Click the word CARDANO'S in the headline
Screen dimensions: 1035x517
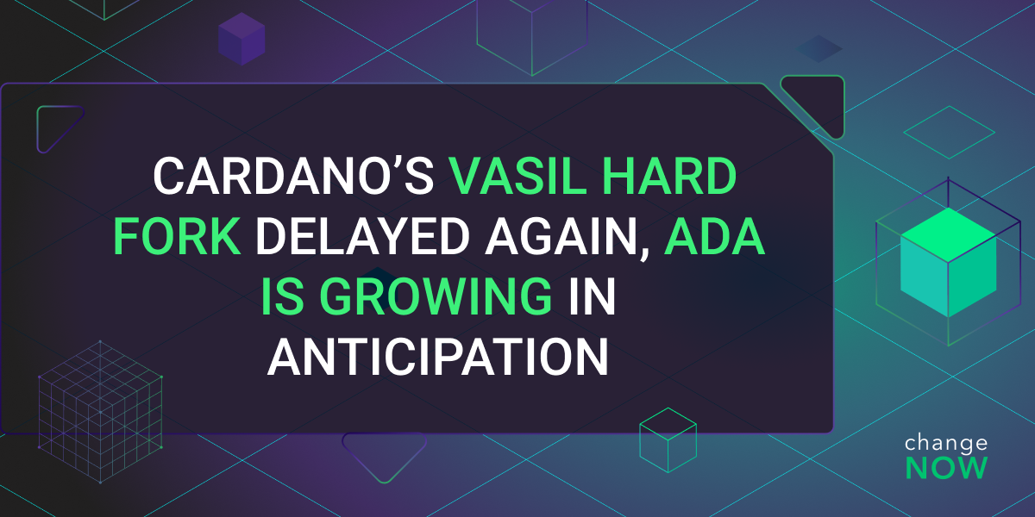tap(293, 177)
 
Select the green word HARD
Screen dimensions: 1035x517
tap(669, 177)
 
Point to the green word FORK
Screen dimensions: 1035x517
tap(177, 236)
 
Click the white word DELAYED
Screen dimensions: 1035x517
tap(363, 236)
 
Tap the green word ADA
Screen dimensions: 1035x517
tap(714, 236)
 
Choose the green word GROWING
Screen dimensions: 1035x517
tap(436, 296)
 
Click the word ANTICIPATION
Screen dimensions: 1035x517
tap(437, 357)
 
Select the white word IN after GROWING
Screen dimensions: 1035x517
tap(593, 296)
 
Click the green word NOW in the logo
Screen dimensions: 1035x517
tap(946, 468)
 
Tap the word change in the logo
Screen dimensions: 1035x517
tap(946, 443)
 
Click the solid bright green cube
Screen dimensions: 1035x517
tap(948, 262)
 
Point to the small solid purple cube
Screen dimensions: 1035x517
tap(241, 39)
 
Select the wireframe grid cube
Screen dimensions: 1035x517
tap(100, 412)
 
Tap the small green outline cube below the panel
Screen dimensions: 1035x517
tap(668, 440)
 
